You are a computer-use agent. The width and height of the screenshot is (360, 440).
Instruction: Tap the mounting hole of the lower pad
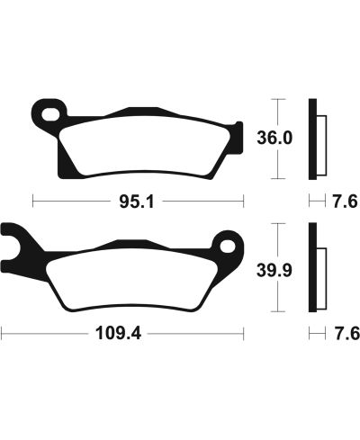225,245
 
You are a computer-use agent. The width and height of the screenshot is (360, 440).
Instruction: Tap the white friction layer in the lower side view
319,270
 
